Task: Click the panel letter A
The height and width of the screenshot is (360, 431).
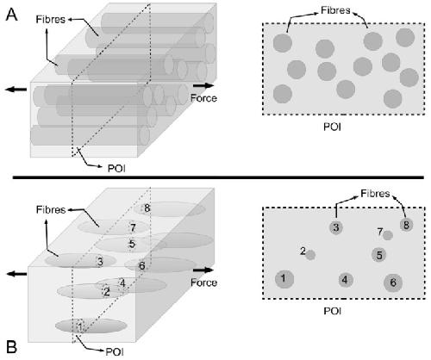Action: pyautogui.click(x=11, y=15)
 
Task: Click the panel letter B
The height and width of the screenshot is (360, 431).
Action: pyautogui.click(x=11, y=346)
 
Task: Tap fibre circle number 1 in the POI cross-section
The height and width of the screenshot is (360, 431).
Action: pyautogui.click(x=284, y=278)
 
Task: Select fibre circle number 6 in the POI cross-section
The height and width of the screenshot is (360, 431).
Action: pyautogui.click(x=393, y=282)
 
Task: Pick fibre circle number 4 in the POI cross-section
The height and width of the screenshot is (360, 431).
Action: pyautogui.click(x=345, y=280)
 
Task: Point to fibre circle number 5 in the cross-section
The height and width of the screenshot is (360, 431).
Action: pyautogui.click(x=379, y=255)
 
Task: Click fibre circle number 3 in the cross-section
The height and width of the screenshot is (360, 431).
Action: pyautogui.click(x=336, y=227)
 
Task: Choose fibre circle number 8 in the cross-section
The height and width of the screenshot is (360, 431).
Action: pyautogui.click(x=406, y=225)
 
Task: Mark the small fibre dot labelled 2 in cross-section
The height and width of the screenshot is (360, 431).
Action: pyautogui.click(x=310, y=255)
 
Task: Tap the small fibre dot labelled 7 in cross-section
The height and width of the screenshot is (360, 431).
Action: pyautogui.click(x=388, y=235)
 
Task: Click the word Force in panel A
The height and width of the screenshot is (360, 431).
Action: pyautogui.click(x=203, y=98)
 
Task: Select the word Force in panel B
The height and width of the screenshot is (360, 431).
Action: pyautogui.click(x=203, y=282)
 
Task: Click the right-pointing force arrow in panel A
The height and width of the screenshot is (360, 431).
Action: pyautogui.click(x=203, y=85)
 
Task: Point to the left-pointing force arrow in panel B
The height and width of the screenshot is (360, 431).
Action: pyautogui.click(x=16, y=274)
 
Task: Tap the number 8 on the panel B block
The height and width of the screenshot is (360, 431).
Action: pyautogui.click(x=147, y=208)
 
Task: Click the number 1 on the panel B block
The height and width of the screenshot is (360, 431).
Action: pyautogui.click(x=80, y=326)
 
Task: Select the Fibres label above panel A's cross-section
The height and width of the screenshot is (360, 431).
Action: pyautogui.click(x=335, y=10)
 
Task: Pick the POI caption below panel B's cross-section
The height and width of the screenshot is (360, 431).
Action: pyautogui.click(x=332, y=311)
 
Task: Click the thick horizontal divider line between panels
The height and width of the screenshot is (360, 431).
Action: pyautogui.click(x=218, y=177)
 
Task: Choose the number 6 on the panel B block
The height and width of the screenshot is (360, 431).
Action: pyautogui.click(x=142, y=266)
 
